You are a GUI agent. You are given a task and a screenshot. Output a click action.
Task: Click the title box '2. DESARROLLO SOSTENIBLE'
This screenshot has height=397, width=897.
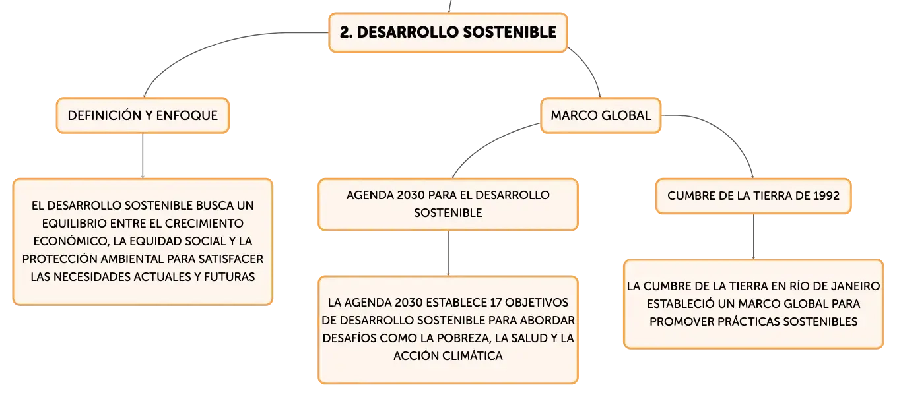pyautogui.click(x=448, y=32)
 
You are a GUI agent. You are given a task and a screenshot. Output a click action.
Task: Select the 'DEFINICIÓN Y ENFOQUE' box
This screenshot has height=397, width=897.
pyautogui.click(x=143, y=115)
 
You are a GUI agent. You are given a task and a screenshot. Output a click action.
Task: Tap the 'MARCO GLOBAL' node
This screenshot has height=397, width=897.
pyautogui.click(x=601, y=115)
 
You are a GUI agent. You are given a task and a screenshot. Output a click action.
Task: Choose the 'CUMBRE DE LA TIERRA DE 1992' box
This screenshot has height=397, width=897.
pyautogui.click(x=753, y=196)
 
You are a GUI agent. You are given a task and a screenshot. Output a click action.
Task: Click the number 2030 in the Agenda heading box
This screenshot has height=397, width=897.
pyautogui.click(x=411, y=195)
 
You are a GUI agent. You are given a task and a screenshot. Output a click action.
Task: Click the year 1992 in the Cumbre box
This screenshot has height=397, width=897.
pyautogui.click(x=826, y=196)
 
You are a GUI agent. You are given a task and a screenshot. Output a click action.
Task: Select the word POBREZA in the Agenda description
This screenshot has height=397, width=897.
pyautogui.click(x=463, y=338)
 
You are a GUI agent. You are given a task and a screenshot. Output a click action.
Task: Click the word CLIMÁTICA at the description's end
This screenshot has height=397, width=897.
pyautogui.click(x=476, y=355)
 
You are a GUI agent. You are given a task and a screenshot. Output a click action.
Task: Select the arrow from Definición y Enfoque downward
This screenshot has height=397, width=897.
pyautogui.click(x=143, y=156)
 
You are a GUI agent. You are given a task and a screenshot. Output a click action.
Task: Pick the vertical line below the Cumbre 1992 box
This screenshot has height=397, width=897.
pyautogui.click(x=753, y=237)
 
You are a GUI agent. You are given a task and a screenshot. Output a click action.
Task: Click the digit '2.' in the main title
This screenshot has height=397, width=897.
pyautogui.click(x=346, y=32)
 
